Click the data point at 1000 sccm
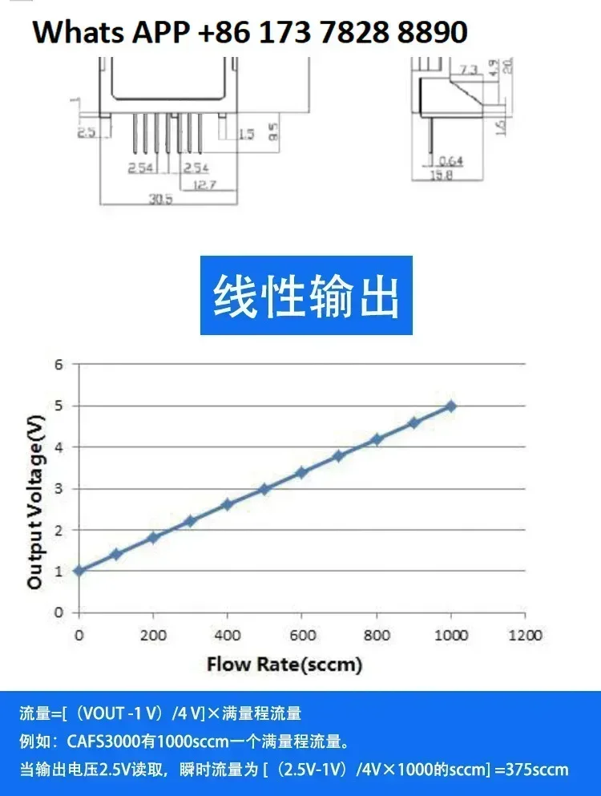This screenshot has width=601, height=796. click(451, 406)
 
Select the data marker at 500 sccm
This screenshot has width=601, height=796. click(264, 489)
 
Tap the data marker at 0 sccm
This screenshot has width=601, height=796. click(79, 571)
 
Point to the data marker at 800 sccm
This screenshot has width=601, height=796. click(377, 439)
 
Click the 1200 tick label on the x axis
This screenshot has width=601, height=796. click(525, 636)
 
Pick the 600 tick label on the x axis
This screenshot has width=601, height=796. click(301, 636)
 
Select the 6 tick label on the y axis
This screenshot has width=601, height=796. click(58, 365)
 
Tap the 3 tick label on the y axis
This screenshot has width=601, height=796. click(58, 488)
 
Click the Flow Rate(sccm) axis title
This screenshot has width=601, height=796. click(284, 665)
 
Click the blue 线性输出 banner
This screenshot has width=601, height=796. click(306, 296)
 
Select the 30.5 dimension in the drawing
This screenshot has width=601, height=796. click(160, 200)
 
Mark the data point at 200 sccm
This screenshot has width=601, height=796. click(153, 538)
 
